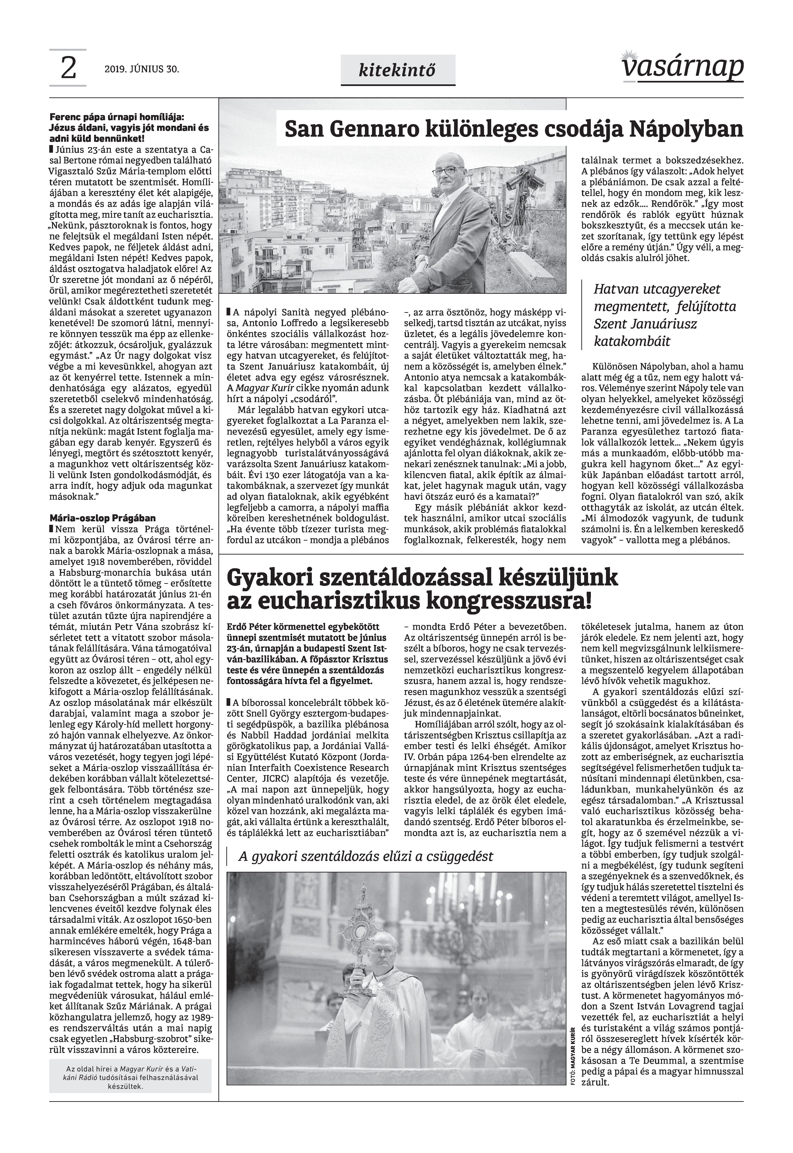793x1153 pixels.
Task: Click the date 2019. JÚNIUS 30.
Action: (141, 69)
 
